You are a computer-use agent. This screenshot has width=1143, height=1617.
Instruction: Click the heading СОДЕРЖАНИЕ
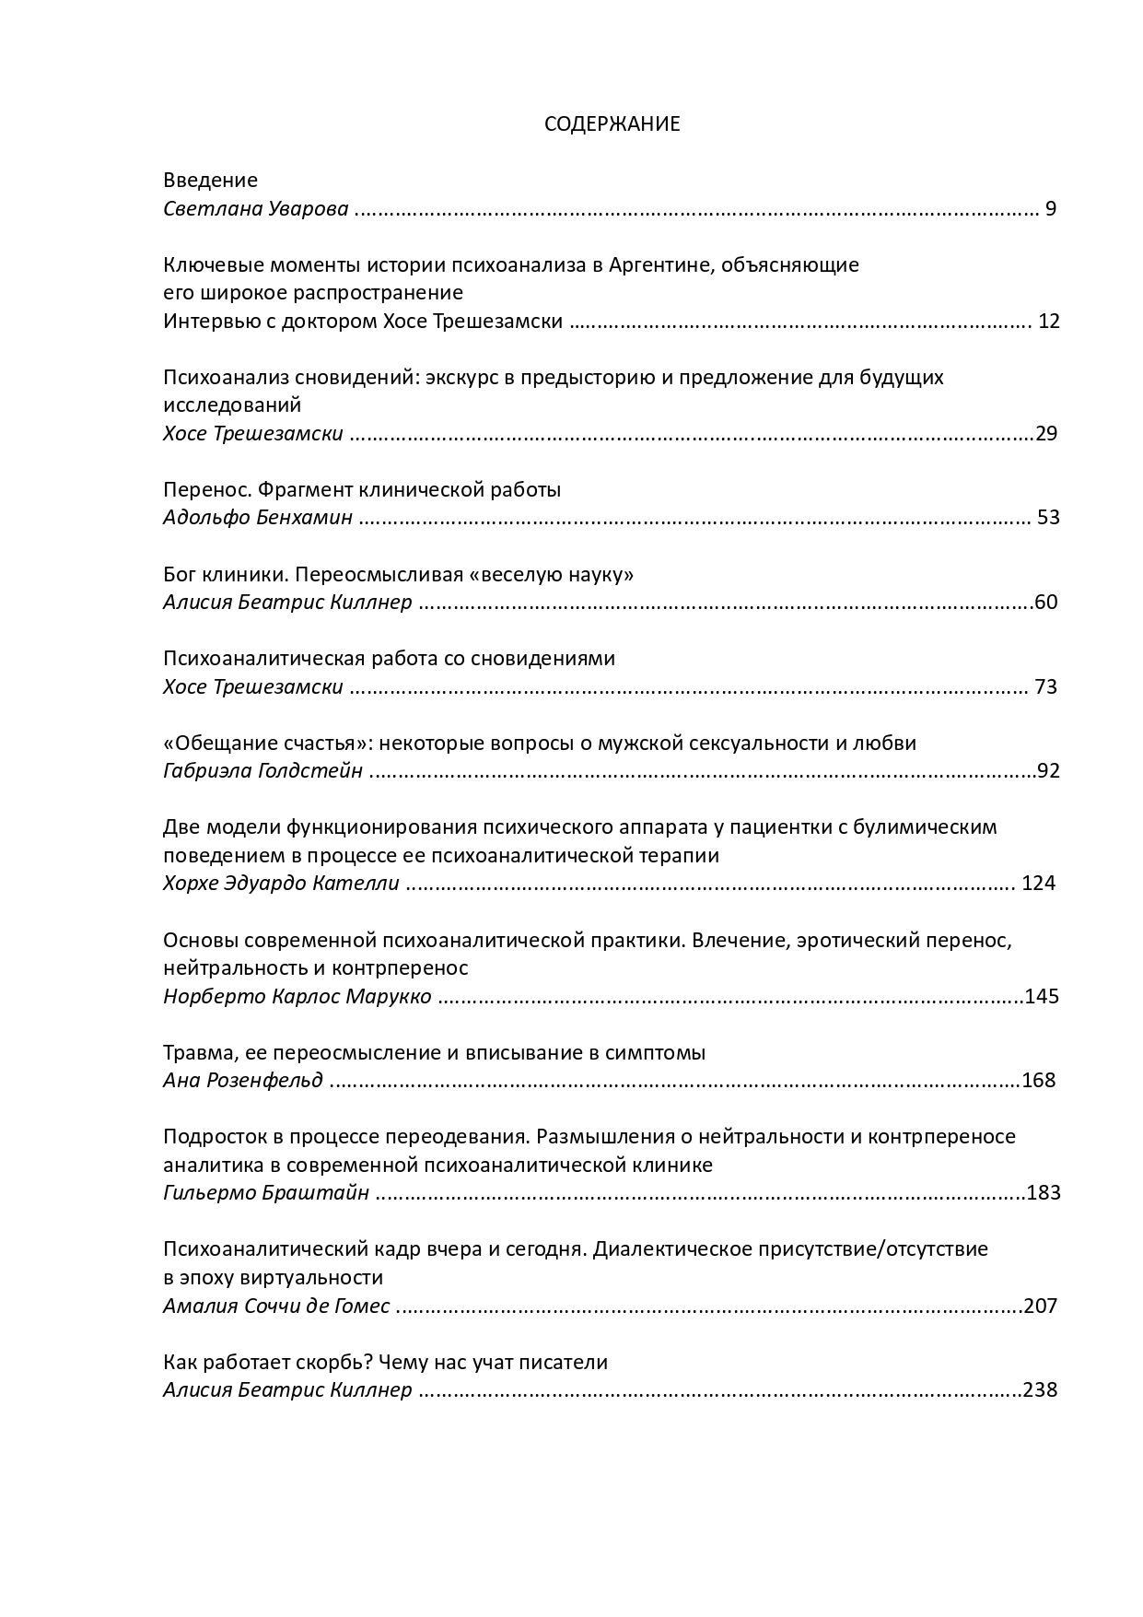coord(612,124)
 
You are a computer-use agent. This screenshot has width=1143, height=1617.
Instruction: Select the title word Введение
coord(210,181)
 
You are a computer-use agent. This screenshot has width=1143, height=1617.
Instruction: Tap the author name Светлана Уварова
coord(255,209)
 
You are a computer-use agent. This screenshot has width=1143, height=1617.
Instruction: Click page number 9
coord(1050,209)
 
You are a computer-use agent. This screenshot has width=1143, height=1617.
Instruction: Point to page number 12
coord(1049,322)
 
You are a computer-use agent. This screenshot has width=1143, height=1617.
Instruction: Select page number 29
coord(1046,434)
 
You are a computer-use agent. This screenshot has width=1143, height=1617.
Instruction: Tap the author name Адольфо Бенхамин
coord(257,518)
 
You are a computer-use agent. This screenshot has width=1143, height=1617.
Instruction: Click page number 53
coord(1048,518)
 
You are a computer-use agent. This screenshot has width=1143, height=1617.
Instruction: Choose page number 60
coord(1046,603)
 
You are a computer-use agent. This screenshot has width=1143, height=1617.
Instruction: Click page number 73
coord(1046,687)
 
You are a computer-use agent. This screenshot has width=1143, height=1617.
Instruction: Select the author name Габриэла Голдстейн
coord(262,771)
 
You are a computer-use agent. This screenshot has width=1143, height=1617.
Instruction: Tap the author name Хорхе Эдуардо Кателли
coord(281,884)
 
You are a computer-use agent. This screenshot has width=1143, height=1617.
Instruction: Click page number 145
coord(1042,997)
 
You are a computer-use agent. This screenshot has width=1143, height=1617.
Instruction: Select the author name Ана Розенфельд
coord(243,1081)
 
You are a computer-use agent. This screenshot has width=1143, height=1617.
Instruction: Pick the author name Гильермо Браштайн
coord(265,1193)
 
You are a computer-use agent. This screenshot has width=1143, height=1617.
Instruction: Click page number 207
coord(1041,1306)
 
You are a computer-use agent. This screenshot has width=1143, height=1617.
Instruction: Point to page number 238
coord(1041,1390)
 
